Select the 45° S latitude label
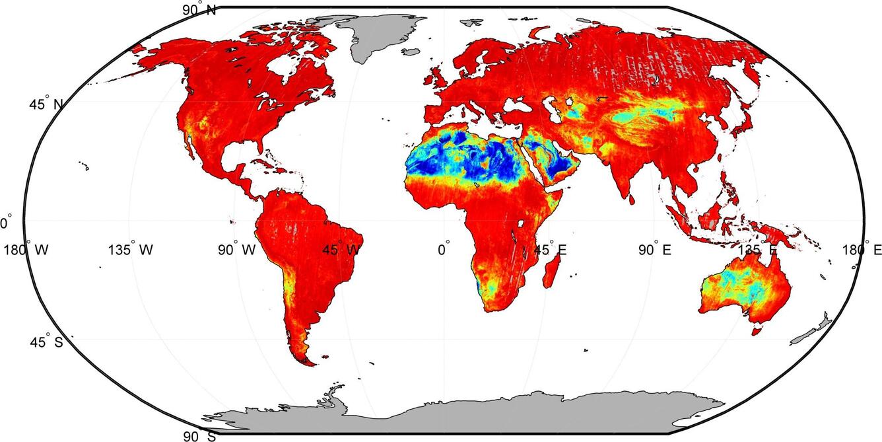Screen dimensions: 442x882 pos(46,342)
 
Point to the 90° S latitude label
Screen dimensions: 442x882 pos(199,436)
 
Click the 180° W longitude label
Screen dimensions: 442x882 pos(26,250)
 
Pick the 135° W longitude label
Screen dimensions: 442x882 pos(131,250)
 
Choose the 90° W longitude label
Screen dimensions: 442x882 pos(237,250)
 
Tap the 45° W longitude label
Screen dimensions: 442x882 pos(342,250)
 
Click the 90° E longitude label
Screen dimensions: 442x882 pos(656,250)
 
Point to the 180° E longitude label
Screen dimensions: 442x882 pos(862,250)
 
